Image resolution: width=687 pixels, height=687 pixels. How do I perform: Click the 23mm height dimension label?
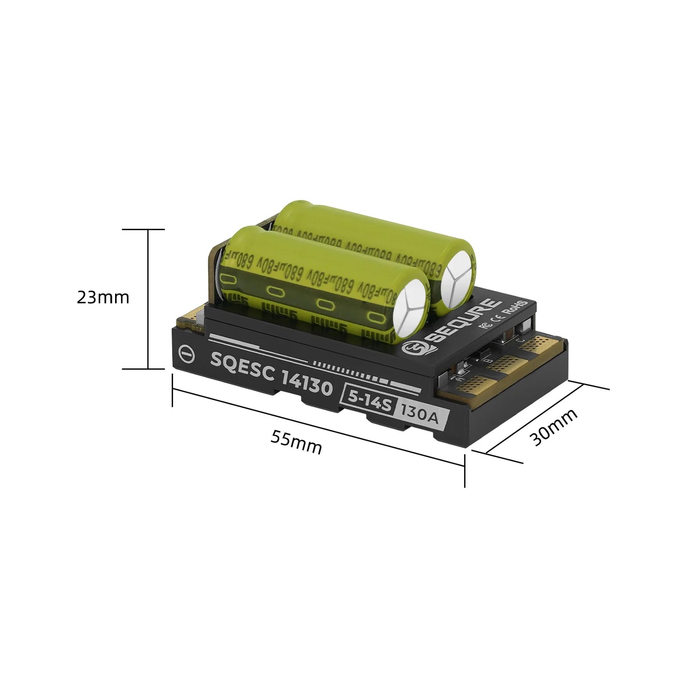(103, 298)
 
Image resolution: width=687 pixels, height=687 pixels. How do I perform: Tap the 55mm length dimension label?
(296, 442)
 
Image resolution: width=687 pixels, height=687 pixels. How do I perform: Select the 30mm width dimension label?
(554, 427)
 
